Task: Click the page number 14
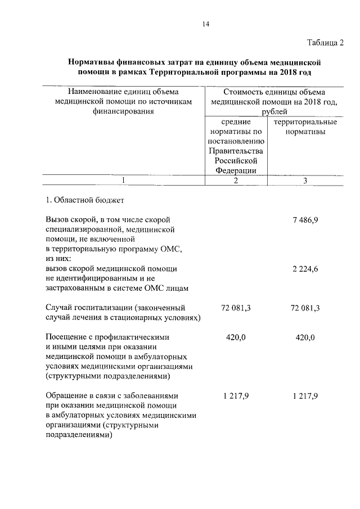coord(205,24)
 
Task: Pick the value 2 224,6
coord(305,269)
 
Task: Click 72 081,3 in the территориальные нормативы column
coord(305,308)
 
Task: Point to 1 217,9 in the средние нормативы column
coord(235,396)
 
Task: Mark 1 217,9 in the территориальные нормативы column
coord(305,396)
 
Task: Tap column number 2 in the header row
coord(235,181)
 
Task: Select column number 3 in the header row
coord(305,181)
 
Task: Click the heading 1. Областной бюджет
coord(80,200)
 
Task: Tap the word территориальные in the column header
coord(305,122)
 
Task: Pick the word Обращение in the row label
coord(66,396)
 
